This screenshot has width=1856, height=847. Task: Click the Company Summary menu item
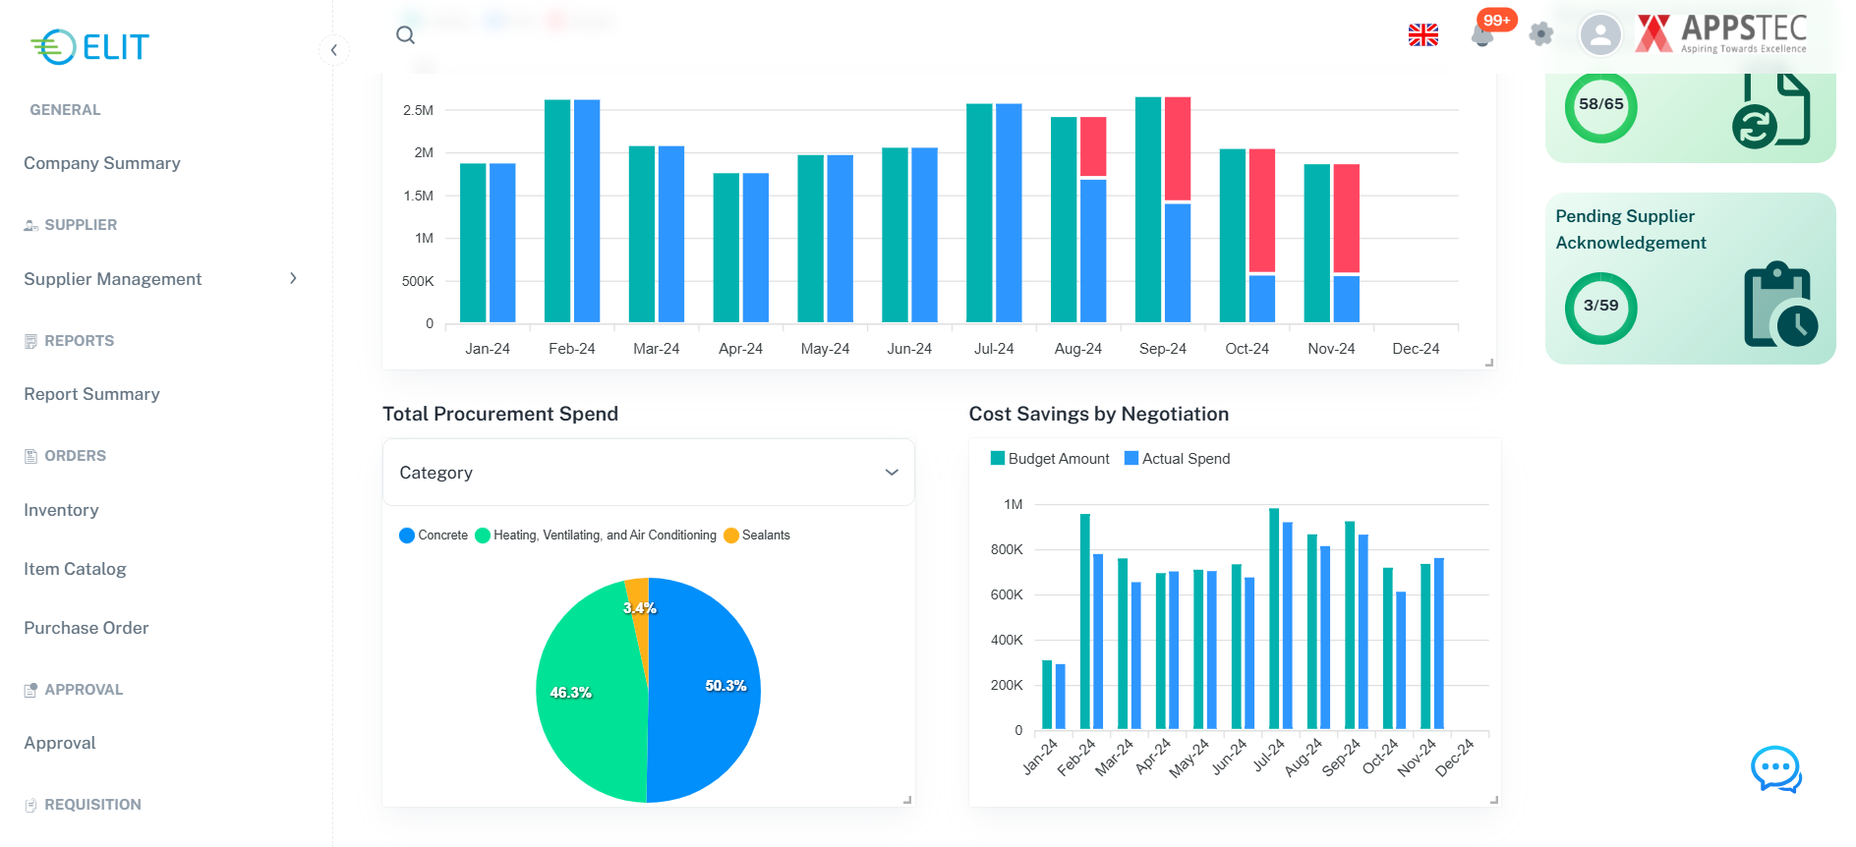pyautogui.click(x=102, y=163)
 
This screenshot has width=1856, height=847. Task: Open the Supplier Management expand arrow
pyautogui.click(x=293, y=279)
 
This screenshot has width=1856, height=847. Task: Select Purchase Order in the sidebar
pyautogui.click(x=87, y=628)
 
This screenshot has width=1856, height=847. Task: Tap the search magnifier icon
pyautogui.click(x=405, y=35)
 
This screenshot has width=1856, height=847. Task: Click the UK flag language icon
pyautogui.click(x=1422, y=35)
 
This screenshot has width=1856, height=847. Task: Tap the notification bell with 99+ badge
pyautogui.click(x=1482, y=34)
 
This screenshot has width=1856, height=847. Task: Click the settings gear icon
pyautogui.click(x=1541, y=34)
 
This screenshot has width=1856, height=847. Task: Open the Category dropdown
pyautogui.click(x=648, y=473)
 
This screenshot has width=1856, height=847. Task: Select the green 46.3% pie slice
pyautogui.click(x=580, y=693)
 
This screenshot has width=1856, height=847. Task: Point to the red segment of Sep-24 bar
pyautogui.click(x=1177, y=147)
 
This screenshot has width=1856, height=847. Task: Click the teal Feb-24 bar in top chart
pyautogui.click(x=557, y=211)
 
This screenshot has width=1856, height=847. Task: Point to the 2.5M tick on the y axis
pyautogui.click(x=418, y=110)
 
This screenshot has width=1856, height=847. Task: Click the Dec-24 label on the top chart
pyautogui.click(x=1416, y=349)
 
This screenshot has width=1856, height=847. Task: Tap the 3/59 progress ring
pyautogui.click(x=1600, y=308)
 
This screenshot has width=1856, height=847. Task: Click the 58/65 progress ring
pyautogui.click(x=1600, y=106)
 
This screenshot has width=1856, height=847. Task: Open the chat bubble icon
pyautogui.click(x=1775, y=768)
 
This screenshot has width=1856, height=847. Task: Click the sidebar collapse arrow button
pyautogui.click(x=334, y=50)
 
